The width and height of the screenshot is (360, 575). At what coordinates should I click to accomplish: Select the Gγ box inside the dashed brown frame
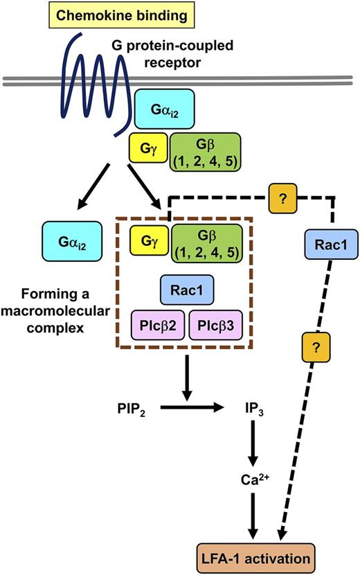coord(148,242)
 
